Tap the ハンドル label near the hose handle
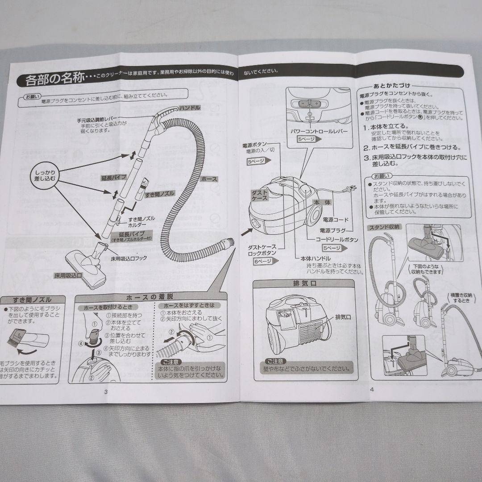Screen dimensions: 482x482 [190, 108]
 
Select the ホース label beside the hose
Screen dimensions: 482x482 [210, 179]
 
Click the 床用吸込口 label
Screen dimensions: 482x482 [68, 275]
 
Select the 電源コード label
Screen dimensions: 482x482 [336, 220]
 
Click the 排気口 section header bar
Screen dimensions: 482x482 [303, 283]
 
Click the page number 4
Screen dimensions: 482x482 [371, 388]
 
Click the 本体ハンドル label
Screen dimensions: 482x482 [316, 258]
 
